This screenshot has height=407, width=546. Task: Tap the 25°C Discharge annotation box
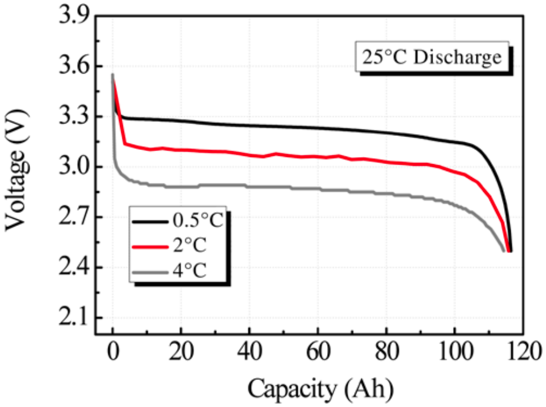coord(431,58)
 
